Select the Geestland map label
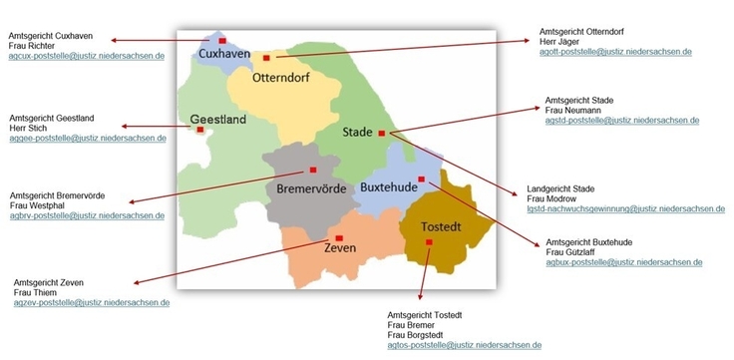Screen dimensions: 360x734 point(218,120)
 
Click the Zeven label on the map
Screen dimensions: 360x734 point(340,248)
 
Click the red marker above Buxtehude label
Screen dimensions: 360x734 point(421,180)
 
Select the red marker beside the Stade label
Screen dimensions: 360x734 point(381,134)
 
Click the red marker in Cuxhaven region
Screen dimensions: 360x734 point(222,41)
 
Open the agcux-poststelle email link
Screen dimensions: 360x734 point(86,57)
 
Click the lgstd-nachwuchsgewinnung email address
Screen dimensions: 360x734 point(625,209)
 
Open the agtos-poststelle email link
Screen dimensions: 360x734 point(464,345)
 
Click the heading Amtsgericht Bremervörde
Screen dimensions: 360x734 point(57,195)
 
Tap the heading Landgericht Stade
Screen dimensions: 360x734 point(559,188)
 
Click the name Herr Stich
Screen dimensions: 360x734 point(30,128)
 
